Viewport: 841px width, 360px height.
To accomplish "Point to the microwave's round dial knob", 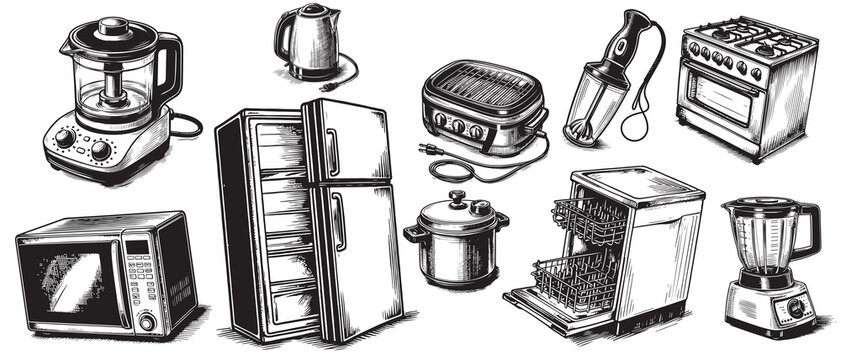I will [x=147, y=321].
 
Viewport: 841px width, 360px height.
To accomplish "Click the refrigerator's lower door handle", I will [x=338, y=221].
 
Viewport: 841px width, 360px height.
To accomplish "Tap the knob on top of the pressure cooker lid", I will [x=456, y=197].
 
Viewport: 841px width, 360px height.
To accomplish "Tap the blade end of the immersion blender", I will [x=577, y=130].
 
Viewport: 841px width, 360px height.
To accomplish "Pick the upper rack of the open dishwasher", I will [x=590, y=221].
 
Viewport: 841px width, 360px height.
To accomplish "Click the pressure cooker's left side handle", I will [x=412, y=233].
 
